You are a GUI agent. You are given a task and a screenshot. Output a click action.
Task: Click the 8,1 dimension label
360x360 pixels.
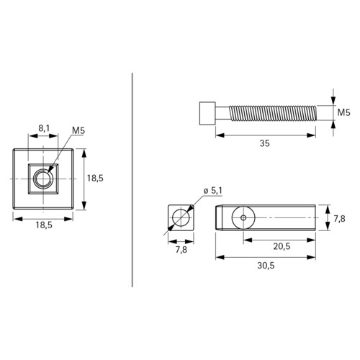coord(44,128)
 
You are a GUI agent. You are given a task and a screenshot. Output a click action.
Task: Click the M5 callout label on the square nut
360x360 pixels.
coord(78,131)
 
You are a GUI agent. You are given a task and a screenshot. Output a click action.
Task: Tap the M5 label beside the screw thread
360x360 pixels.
coord(343,112)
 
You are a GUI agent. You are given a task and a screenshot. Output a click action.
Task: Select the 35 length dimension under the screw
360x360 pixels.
coord(265,143)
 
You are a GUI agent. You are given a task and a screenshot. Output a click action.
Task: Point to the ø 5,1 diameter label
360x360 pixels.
coord(212,191)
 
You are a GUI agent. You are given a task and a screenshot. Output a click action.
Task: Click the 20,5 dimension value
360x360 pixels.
coord(282,246)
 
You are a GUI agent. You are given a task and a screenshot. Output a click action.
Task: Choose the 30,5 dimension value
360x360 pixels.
coord(266,266)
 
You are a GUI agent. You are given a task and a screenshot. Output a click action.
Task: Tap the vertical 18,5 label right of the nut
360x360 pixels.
coord(95,179)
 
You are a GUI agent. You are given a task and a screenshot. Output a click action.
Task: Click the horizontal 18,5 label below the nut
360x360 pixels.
coord(44,225)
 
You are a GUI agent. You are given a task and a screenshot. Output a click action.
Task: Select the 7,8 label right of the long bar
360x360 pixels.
coord(339,219)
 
